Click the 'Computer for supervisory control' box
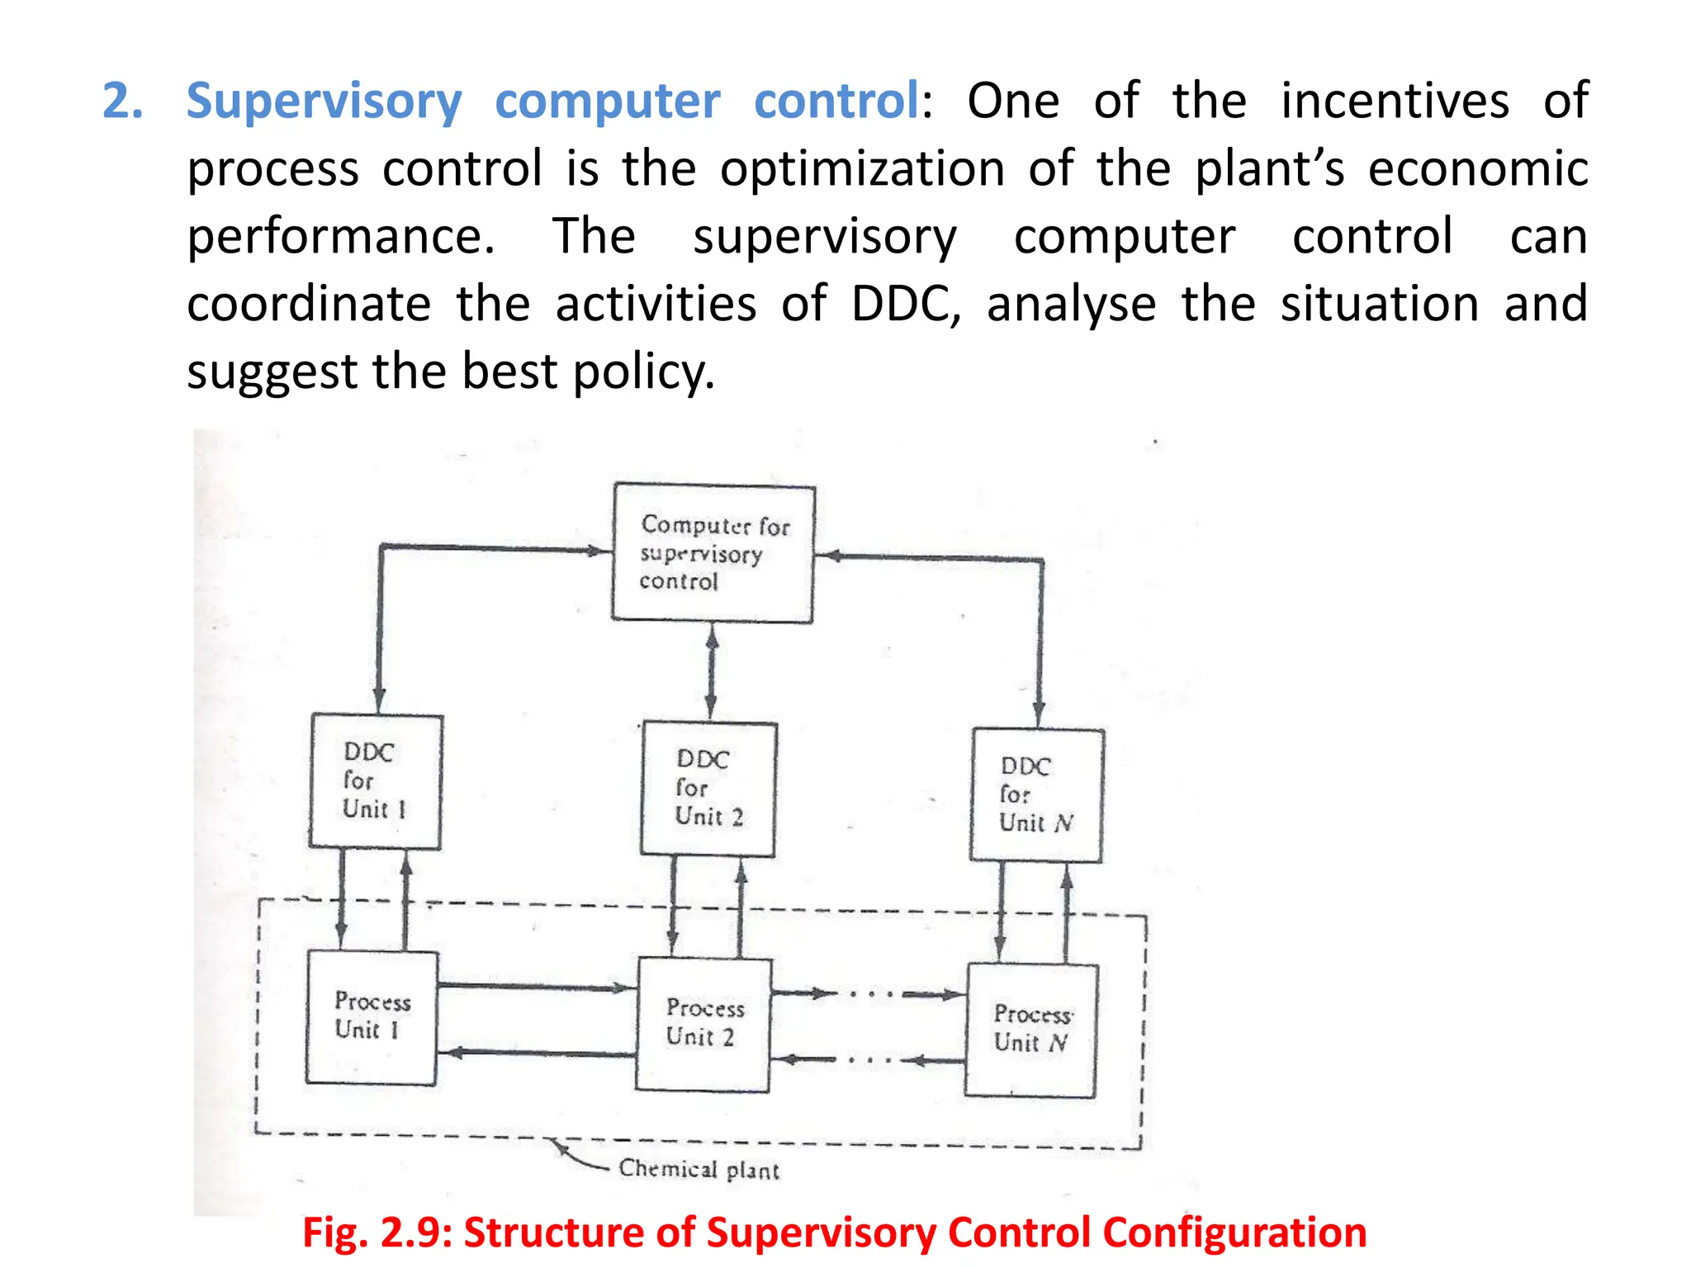click(713, 553)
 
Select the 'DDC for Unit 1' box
click(376, 781)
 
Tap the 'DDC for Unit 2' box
click(708, 789)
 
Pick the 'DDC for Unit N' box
click(1036, 795)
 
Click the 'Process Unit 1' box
click(372, 1017)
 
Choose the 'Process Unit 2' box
click(703, 1024)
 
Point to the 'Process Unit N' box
click(1031, 1029)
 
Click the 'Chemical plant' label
click(699, 1169)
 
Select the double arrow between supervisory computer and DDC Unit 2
click(712, 672)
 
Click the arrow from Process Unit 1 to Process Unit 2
click(537, 986)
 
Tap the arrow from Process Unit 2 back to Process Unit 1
click(537, 1053)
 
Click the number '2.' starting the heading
click(122, 102)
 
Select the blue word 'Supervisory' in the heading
click(324, 102)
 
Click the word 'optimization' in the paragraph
click(862, 169)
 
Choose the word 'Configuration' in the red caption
click(1234, 1233)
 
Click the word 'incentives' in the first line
click(1395, 102)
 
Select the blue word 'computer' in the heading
click(607, 102)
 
